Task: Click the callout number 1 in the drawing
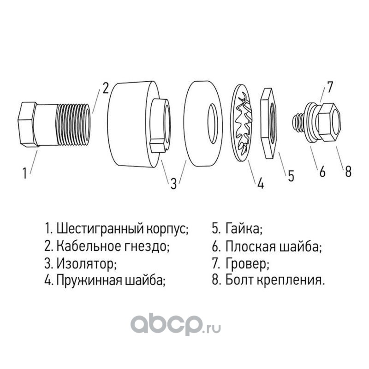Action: point(24,173)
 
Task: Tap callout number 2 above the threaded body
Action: point(105,88)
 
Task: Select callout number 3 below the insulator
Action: point(173,184)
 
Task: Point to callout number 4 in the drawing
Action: point(260,183)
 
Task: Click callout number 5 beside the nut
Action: point(291,176)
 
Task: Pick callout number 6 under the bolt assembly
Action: point(322,171)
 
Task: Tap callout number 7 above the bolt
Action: point(330,87)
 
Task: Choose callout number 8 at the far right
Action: point(348,171)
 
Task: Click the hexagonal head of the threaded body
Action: point(28,125)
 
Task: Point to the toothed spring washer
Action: point(241,122)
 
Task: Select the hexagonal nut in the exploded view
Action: point(270,123)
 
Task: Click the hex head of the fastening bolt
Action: point(329,122)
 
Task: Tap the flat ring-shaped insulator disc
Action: point(203,124)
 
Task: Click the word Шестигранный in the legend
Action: point(100,229)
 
